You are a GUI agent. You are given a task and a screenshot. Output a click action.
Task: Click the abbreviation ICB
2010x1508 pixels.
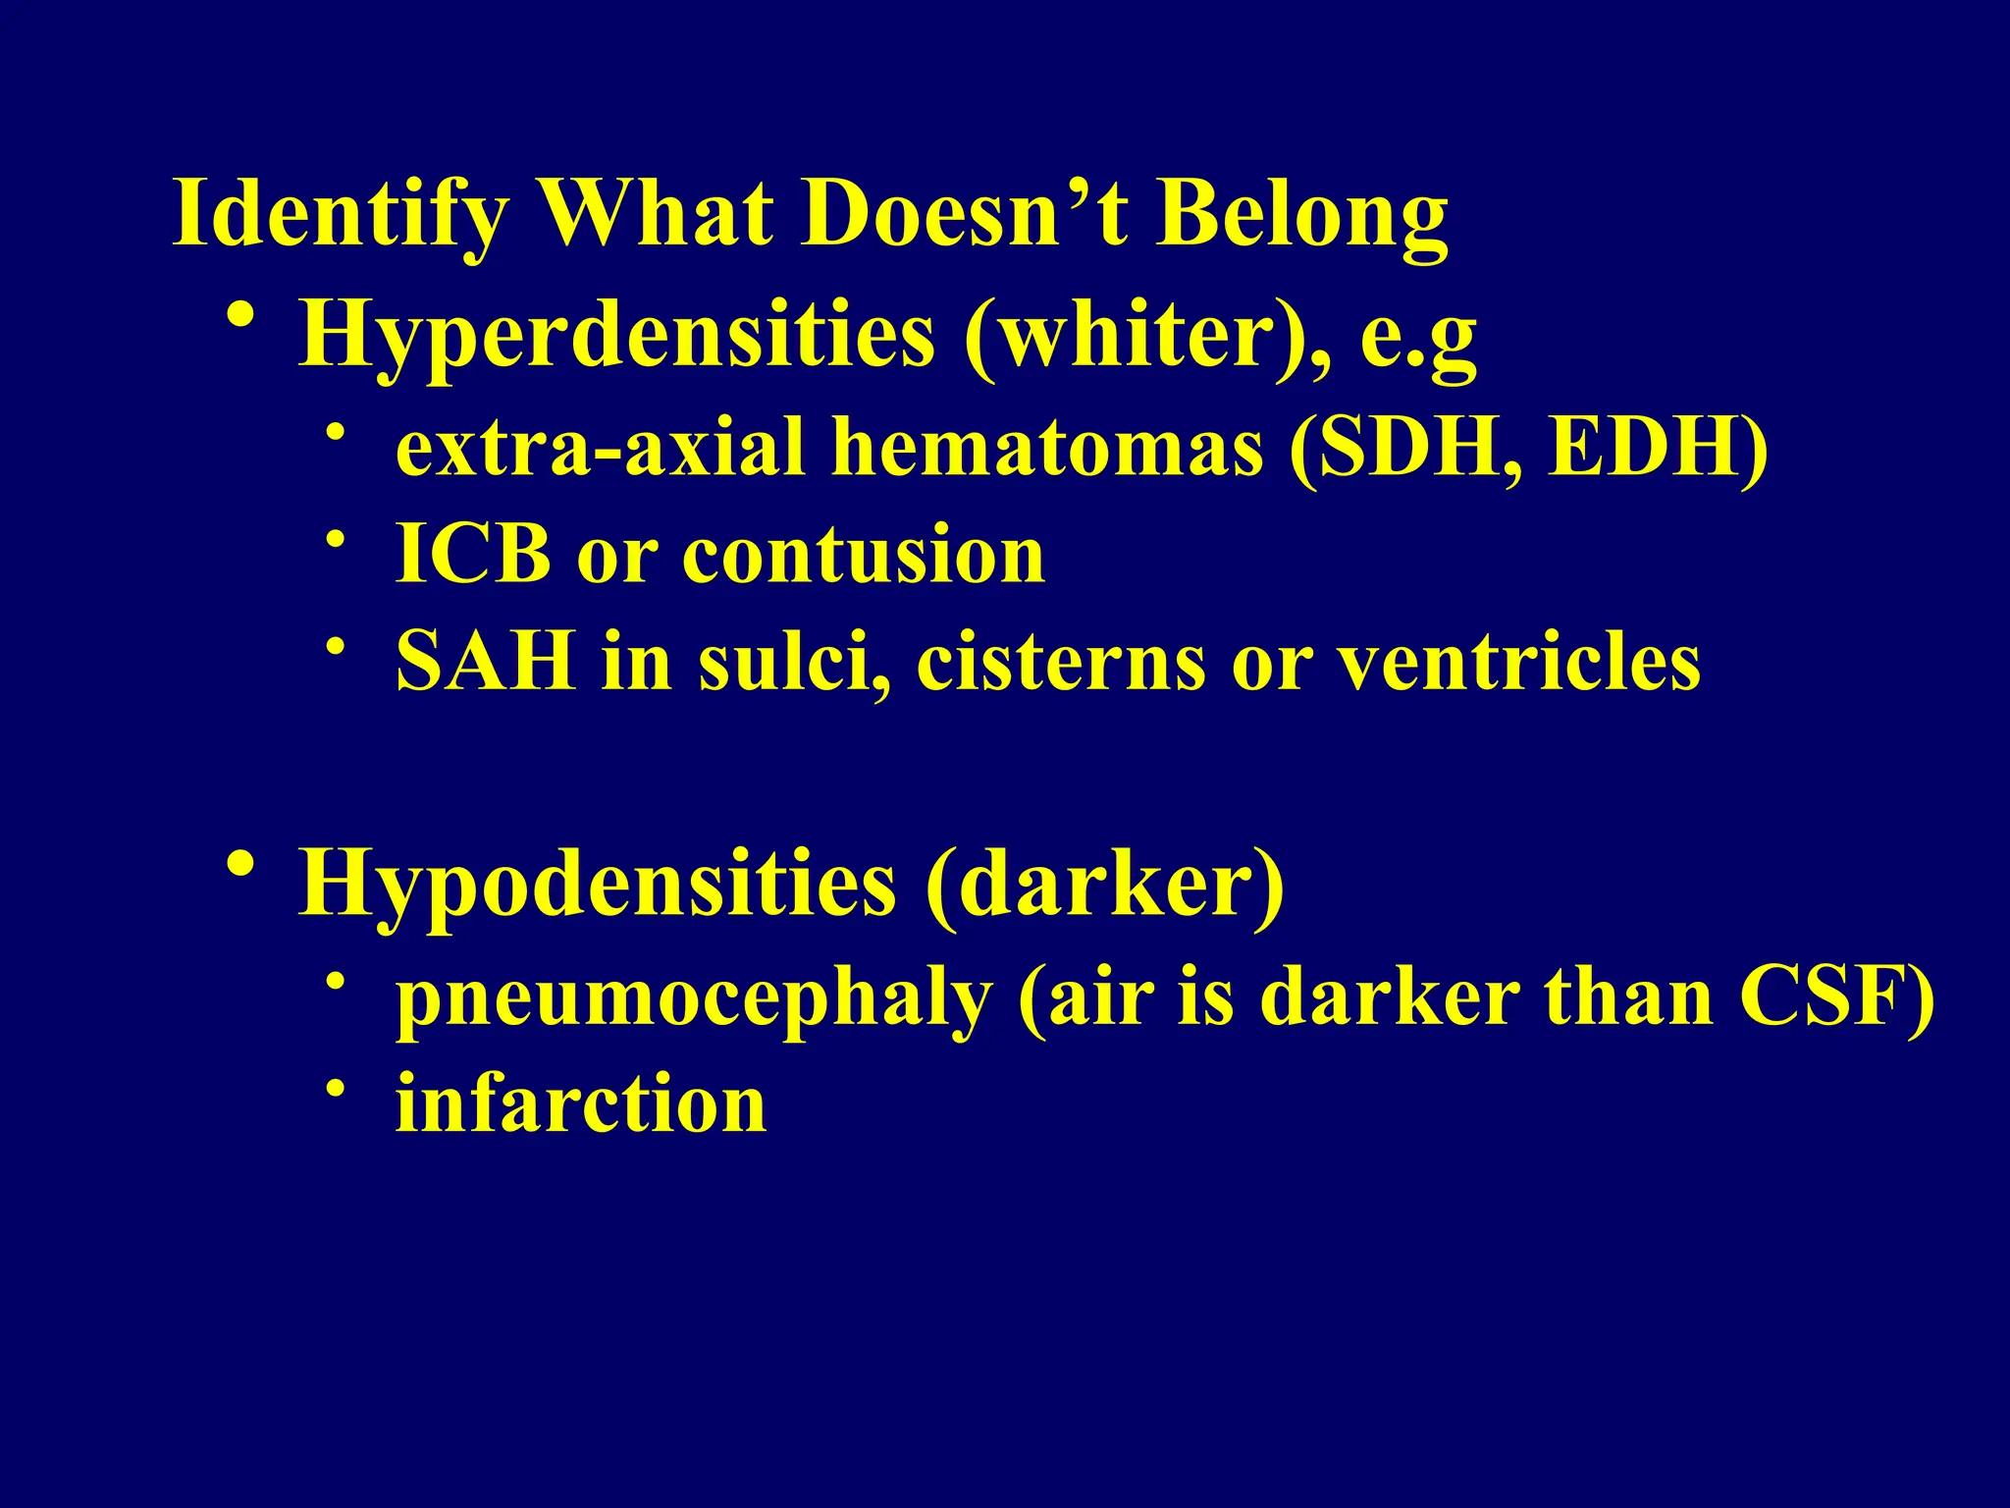[x=473, y=555]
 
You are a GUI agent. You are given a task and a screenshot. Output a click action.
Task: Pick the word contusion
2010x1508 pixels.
[x=864, y=555]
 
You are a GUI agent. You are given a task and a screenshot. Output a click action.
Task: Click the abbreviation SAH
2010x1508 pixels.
[x=485, y=662]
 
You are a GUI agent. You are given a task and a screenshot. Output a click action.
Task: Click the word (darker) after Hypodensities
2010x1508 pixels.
[x=1104, y=885]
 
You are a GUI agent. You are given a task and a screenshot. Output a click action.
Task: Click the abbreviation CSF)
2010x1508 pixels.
[x=1836, y=997]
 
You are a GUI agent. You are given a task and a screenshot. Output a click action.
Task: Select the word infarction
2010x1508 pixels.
[x=580, y=1104]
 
